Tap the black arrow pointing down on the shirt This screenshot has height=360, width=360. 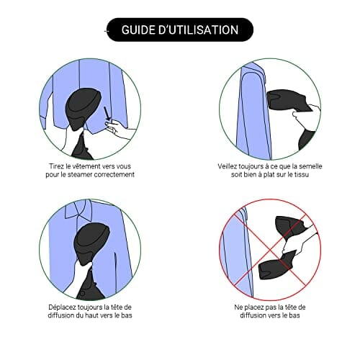point(107,114)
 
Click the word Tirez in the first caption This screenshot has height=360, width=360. point(55,166)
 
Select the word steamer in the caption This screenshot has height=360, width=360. point(80,174)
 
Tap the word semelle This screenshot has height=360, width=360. point(310,166)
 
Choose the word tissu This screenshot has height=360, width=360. point(301,174)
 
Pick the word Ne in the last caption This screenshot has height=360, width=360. point(238,307)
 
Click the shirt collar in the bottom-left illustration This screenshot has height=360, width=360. point(79,210)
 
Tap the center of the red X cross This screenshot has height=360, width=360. point(270,251)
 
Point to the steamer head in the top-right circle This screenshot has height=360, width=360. point(288,100)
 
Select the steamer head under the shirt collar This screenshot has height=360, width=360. point(91,243)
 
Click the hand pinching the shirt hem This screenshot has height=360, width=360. point(117,129)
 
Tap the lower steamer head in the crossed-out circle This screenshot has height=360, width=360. point(276,265)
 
